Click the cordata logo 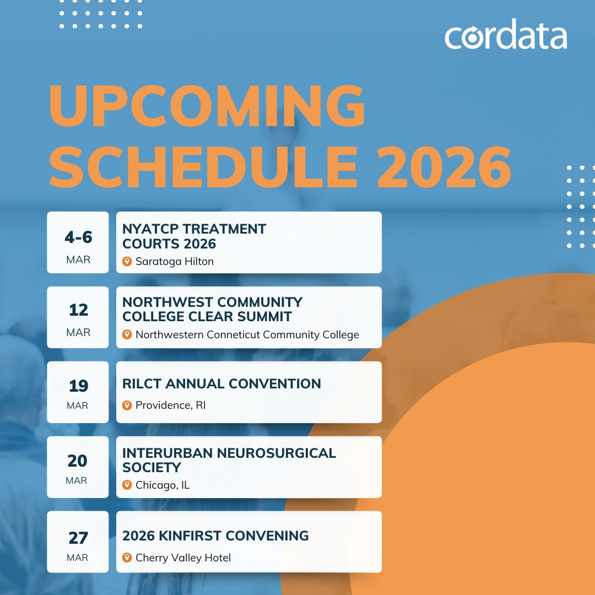coord(506,36)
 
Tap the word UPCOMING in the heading coord(208,106)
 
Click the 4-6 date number coord(78,237)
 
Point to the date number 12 coord(78,310)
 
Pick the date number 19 coord(78,386)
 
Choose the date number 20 coord(78,461)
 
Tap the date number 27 coord(78,537)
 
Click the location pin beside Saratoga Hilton coord(127,261)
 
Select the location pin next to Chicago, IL coord(127,485)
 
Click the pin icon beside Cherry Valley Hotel coord(127,558)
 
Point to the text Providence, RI coord(170,405)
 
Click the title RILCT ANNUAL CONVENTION coord(221,384)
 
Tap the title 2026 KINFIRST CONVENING coord(215,535)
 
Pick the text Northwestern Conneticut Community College coord(247,334)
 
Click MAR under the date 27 coord(78,558)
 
